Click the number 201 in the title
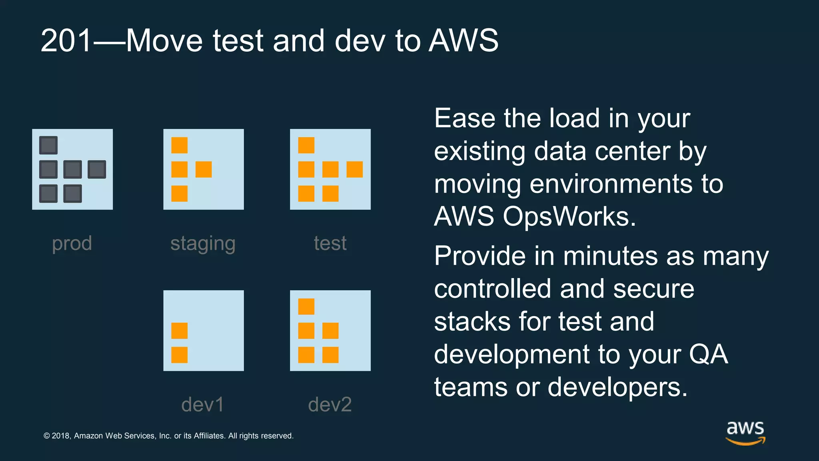(66, 41)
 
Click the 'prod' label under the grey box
(72, 243)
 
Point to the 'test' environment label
(330, 243)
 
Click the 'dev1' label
(203, 405)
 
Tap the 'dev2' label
(330, 405)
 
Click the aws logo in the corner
(745, 432)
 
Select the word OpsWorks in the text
(568, 216)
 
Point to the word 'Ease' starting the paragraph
(464, 118)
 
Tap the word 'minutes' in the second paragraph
(610, 256)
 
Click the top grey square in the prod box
(48, 145)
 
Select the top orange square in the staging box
(179, 145)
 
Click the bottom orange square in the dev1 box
(179, 355)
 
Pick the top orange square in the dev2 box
(306, 307)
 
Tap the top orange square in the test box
(306, 145)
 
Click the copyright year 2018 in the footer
(61, 436)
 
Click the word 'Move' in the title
(164, 41)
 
